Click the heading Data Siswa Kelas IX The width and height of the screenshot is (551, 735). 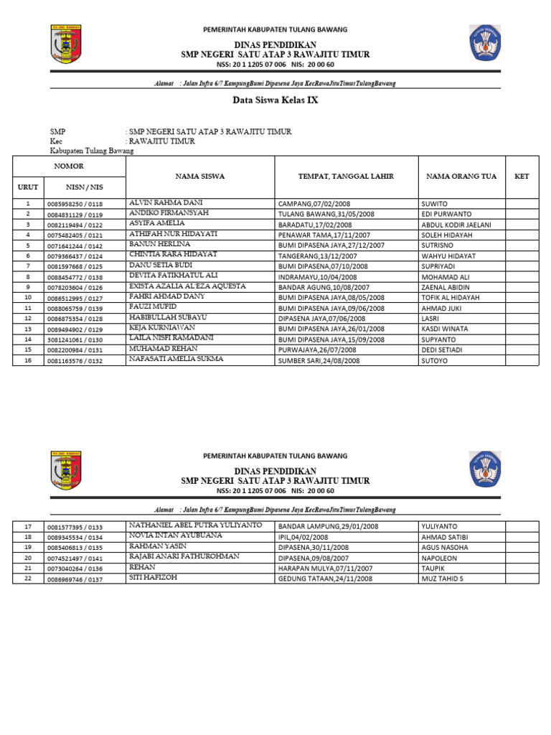[275, 100]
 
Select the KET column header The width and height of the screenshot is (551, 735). [522, 176]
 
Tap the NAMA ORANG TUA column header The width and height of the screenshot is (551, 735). [457, 176]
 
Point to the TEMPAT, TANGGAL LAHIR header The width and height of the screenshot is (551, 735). [346, 176]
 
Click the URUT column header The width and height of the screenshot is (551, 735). [27, 187]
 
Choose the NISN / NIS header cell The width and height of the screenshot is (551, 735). [85, 187]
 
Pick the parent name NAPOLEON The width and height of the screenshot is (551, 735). [441, 557]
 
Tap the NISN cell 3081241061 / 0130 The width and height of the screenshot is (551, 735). [75, 340]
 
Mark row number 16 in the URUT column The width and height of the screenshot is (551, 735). [28, 360]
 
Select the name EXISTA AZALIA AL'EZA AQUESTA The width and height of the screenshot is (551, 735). [187, 286]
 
